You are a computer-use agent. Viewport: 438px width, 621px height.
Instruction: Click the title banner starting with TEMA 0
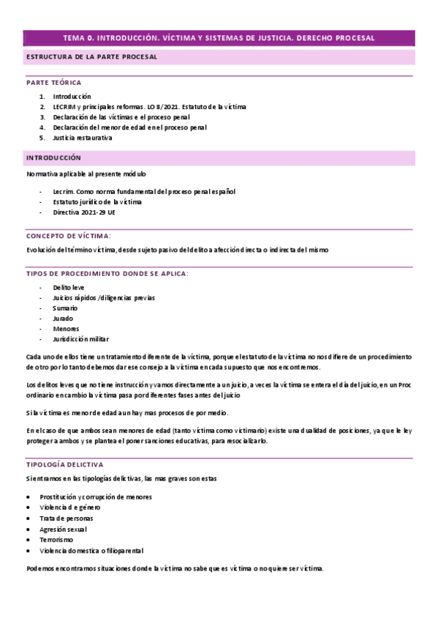point(219,37)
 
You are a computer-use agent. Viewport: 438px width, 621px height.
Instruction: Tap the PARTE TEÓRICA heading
point(54,83)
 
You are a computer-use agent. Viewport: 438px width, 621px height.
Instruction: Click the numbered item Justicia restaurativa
point(83,138)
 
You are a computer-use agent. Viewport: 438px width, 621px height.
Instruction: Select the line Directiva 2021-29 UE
point(84,212)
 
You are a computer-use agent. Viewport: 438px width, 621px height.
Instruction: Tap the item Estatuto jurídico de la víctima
point(97,202)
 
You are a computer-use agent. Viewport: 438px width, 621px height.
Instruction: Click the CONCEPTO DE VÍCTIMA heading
point(69,236)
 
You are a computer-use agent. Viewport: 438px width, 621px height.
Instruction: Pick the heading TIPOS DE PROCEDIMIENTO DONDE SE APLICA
point(107,273)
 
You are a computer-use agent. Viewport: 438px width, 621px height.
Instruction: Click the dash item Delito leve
point(69,288)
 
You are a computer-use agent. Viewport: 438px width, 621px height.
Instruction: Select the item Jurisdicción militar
point(80,340)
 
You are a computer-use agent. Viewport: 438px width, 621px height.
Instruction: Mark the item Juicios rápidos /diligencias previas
point(103,298)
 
